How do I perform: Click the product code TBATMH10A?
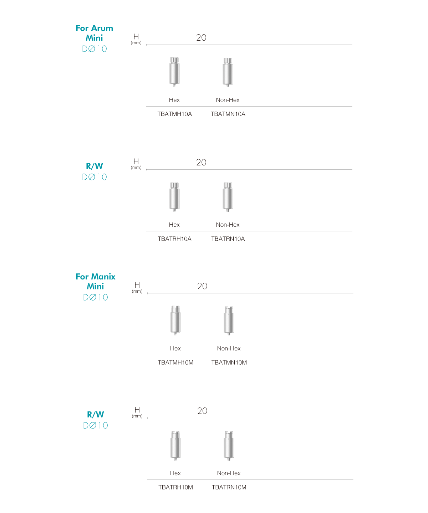[x=174, y=114]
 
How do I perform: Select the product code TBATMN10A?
[x=228, y=114]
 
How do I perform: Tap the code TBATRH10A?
[x=174, y=239]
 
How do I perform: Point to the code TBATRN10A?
[x=228, y=239]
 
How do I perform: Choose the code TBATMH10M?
[x=175, y=363]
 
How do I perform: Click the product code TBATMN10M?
[x=229, y=363]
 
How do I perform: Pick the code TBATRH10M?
[x=175, y=487]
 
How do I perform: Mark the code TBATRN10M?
[x=229, y=487]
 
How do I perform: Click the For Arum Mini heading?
[x=95, y=33]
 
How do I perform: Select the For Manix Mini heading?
[x=95, y=281]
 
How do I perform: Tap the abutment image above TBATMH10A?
[x=174, y=72]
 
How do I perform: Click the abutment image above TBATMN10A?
[x=228, y=72]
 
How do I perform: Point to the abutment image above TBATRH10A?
[x=174, y=197]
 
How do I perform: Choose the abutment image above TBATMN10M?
[x=229, y=320]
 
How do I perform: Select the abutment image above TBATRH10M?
[x=175, y=446]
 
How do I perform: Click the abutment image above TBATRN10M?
[x=229, y=446]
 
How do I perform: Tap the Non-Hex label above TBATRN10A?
[x=228, y=225]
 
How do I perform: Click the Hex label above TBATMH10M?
[x=175, y=348]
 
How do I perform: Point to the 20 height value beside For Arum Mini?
[x=201, y=37]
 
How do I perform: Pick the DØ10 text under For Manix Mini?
[x=95, y=297]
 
